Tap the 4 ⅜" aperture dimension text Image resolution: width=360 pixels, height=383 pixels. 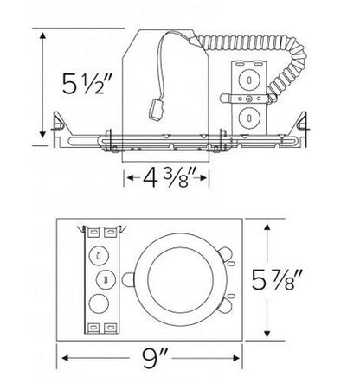coord(166,179)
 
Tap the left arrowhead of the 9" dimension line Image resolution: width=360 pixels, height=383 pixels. coord(64,354)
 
